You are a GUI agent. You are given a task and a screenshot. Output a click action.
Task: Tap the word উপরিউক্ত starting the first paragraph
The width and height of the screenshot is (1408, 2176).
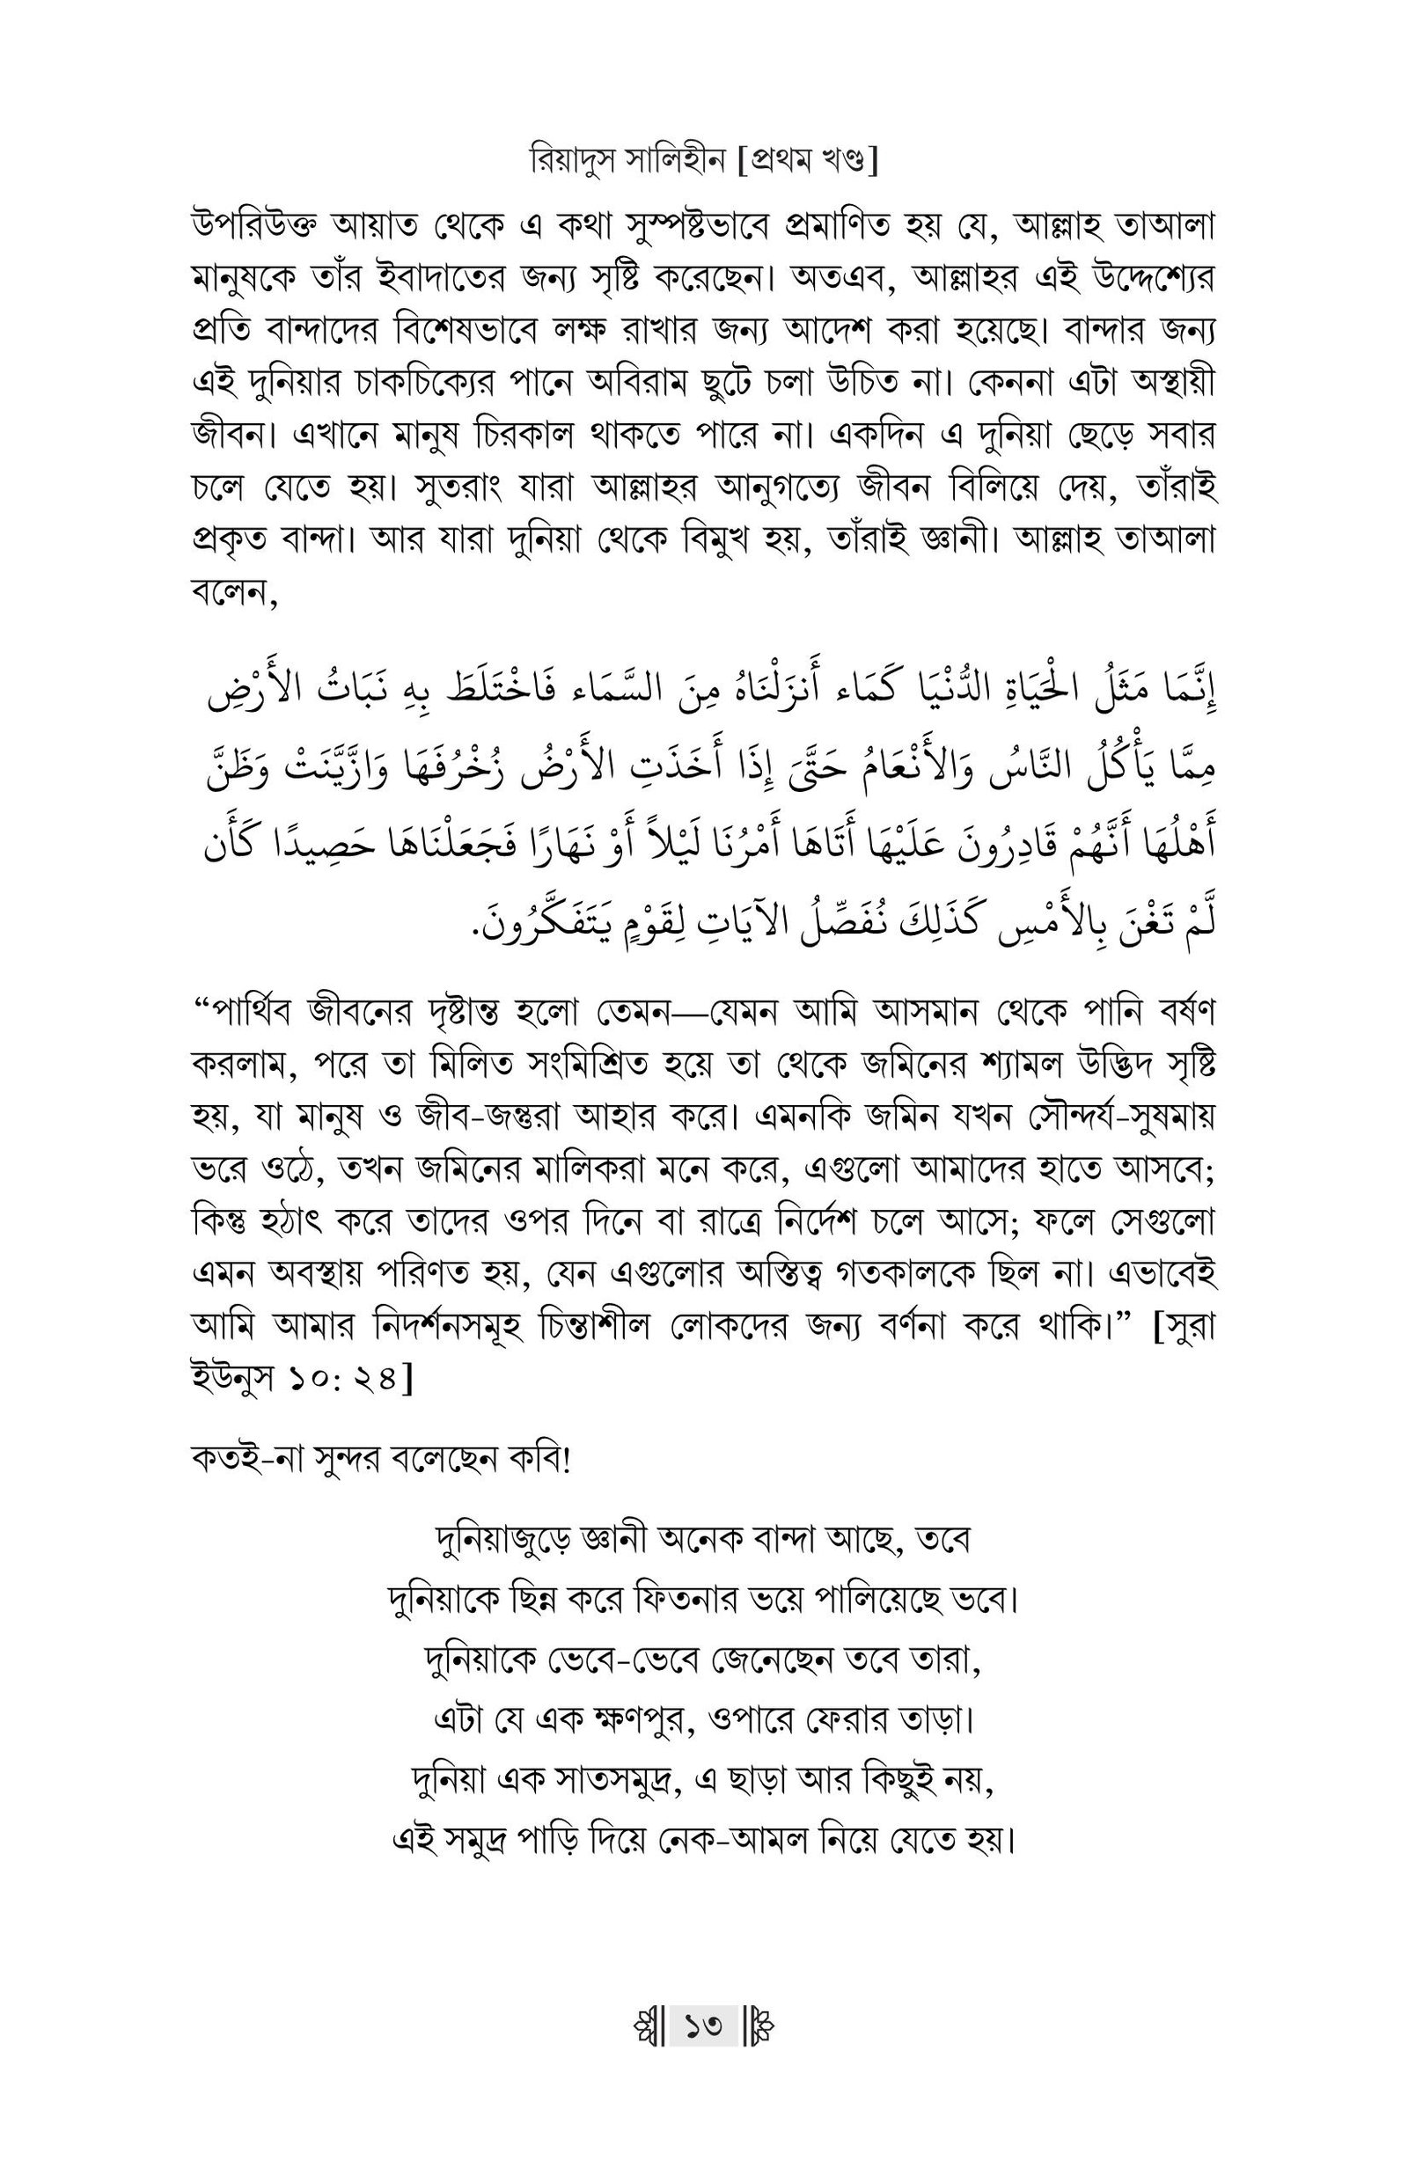click(x=244, y=225)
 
